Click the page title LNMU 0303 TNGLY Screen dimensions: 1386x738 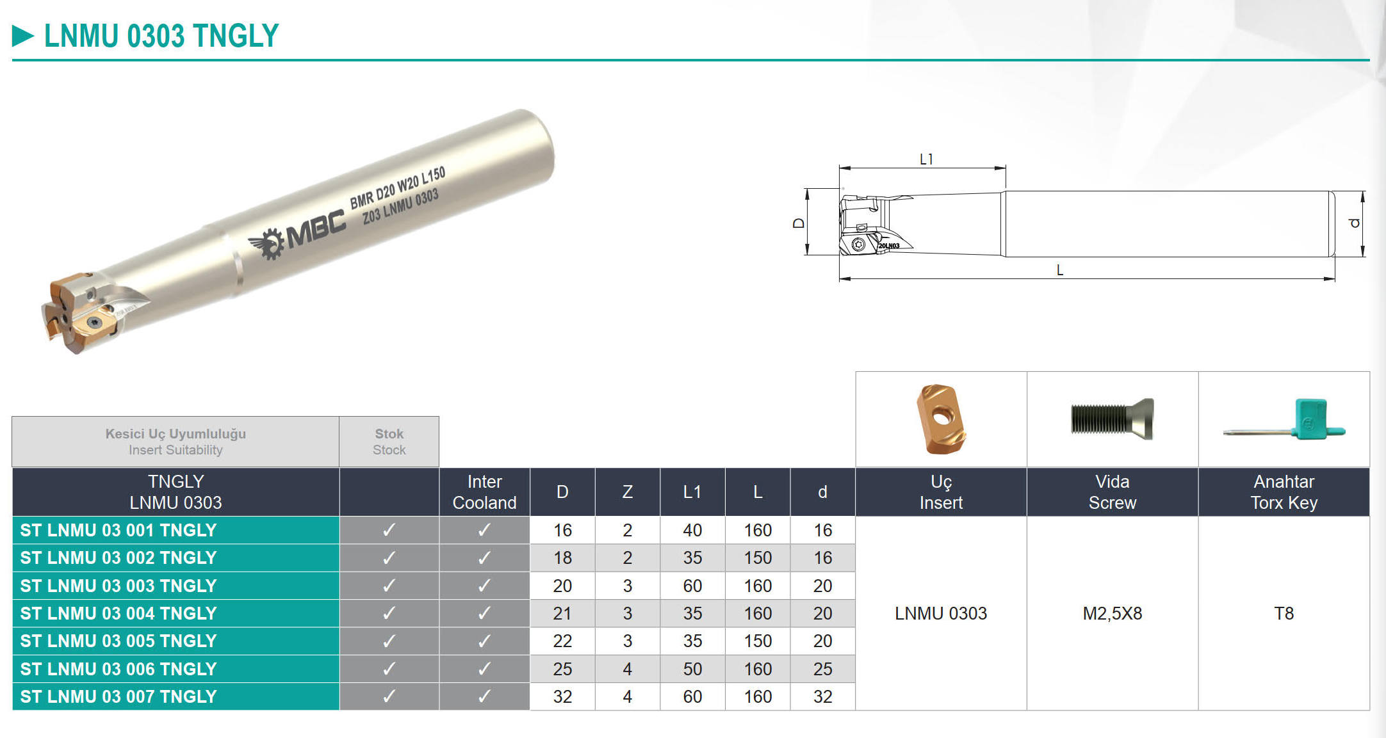[x=161, y=35]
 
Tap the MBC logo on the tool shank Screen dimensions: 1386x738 [x=297, y=236]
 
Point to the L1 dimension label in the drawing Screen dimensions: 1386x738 [x=926, y=159]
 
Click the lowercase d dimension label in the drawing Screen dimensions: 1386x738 [x=1354, y=223]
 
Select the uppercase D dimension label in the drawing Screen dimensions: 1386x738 [x=799, y=223]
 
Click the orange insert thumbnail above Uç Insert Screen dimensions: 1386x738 [x=941, y=419]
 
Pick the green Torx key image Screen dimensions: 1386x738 [x=1284, y=421]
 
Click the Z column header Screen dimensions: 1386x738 [x=628, y=492]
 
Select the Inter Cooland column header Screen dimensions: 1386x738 [x=484, y=492]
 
